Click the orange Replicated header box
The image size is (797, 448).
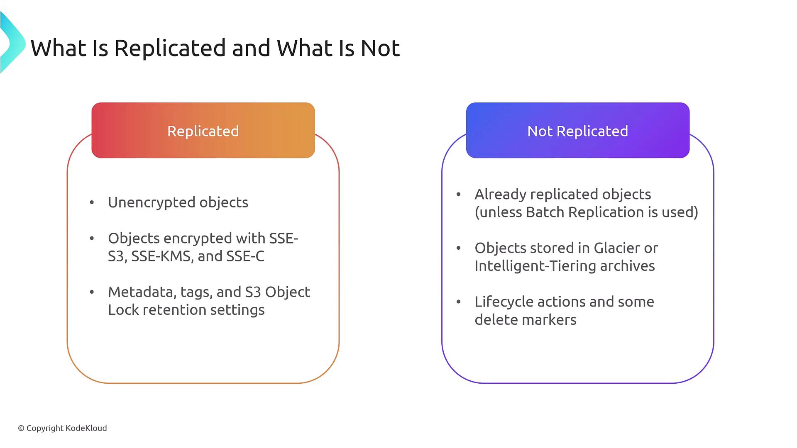pyautogui.click(x=203, y=130)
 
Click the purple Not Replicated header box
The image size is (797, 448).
pyautogui.click(x=577, y=130)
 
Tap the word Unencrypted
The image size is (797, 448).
pyautogui.click(x=152, y=202)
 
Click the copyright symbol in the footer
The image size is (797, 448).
pyautogui.click(x=21, y=428)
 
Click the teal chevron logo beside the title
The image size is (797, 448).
pyautogui.click(x=12, y=43)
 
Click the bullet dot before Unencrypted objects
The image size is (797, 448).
pyautogui.click(x=92, y=202)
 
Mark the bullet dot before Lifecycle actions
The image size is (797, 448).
pyautogui.click(x=458, y=302)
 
